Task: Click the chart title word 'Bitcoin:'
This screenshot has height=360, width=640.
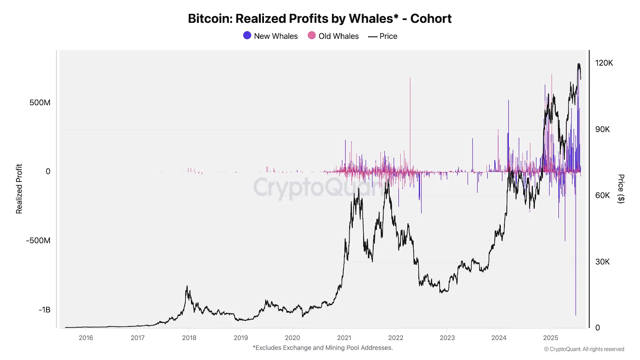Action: [x=210, y=19]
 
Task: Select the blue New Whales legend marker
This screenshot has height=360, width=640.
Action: [x=247, y=36]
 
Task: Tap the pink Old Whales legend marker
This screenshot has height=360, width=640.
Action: [x=312, y=36]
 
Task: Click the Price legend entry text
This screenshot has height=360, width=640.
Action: [x=388, y=36]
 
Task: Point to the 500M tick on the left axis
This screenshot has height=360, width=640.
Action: [x=40, y=103]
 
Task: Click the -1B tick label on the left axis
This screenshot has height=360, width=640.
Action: [x=44, y=310]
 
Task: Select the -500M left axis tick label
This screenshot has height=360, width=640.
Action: [x=38, y=241]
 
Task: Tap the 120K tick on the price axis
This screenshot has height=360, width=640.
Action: [x=604, y=63]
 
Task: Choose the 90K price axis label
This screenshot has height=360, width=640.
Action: [x=602, y=130]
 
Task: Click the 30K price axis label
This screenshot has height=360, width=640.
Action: [x=602, y=262]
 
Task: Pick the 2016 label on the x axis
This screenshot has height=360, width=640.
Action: [x=86, y=338]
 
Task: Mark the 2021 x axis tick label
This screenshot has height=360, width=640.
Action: [x=344, y=338]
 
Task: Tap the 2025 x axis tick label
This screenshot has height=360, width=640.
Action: [x=550, y=338]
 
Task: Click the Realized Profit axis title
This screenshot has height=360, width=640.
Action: [x=19, y=189]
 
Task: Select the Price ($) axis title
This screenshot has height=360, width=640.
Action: [x=621, y=189]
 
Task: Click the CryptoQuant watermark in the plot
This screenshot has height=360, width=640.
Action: [x=316, y=187]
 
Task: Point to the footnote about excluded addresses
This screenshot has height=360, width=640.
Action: [x=323, y=348]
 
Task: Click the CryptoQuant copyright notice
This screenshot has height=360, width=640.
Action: [x=584, y=349]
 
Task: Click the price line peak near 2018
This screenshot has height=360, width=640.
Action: [x=187, y=287]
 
